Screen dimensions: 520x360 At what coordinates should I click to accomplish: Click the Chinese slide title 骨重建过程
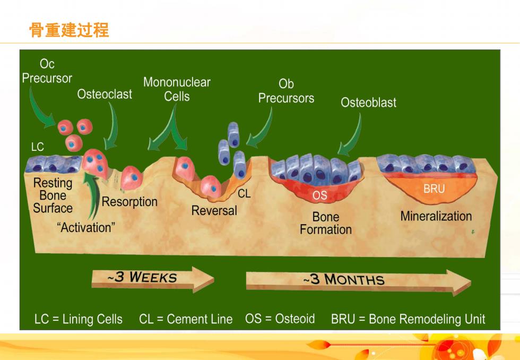[x=69, y=30]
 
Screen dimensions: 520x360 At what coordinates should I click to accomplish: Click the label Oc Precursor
[x=47, y=71]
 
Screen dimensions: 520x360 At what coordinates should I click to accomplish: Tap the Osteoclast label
[x=105, y=94]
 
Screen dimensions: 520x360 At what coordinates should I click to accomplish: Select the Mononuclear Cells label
[x=177, y=89]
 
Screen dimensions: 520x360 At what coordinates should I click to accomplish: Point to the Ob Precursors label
[x=286, y=91]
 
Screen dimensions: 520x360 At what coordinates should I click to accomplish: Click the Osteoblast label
[x=368, y=102]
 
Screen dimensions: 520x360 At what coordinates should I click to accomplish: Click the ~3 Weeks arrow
[x=153, y=279]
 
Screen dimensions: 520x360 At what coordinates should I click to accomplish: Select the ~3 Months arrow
[x=358, y=281]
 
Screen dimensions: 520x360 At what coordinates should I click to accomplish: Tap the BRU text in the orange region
[x=434, y=189]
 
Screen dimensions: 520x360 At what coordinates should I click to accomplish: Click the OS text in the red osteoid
[x=319, y=195]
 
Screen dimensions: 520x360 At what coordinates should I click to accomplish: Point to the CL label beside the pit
[x=244, y=194]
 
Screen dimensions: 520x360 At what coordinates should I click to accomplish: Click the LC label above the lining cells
[x=38, y=147]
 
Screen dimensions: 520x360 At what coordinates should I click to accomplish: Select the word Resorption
[x=129, y=202]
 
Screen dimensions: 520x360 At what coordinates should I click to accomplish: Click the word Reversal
[x=214, y=211]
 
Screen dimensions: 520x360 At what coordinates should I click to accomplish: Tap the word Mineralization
[x=436, y=216]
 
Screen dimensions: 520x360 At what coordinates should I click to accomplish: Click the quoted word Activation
[x=86, y=228]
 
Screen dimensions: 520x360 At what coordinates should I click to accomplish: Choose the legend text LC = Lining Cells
[x=79, y=319]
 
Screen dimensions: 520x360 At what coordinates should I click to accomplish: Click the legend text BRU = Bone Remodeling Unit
[x=408, y=319]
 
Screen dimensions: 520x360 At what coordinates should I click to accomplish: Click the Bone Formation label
[x=326, y=224]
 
